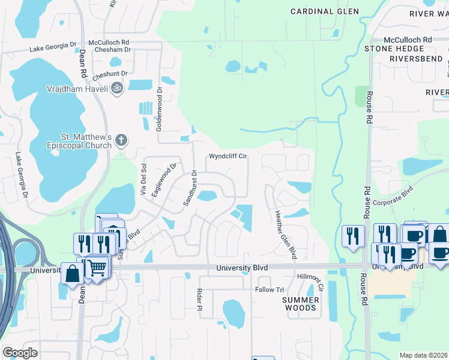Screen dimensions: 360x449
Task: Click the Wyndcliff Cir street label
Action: (228, 157)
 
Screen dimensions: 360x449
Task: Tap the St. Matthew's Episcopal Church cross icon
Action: (121, 140)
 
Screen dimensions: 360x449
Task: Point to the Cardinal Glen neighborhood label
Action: (325, 11)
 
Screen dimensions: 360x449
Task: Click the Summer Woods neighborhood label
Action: (300, 304)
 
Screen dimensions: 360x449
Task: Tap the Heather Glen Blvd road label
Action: (285, 235)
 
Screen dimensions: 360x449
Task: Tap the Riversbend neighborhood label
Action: (416, 59)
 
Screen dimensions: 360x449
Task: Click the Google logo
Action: (20, 353)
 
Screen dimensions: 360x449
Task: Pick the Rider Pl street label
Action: (199, 299)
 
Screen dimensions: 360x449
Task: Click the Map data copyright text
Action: (423, 355)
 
